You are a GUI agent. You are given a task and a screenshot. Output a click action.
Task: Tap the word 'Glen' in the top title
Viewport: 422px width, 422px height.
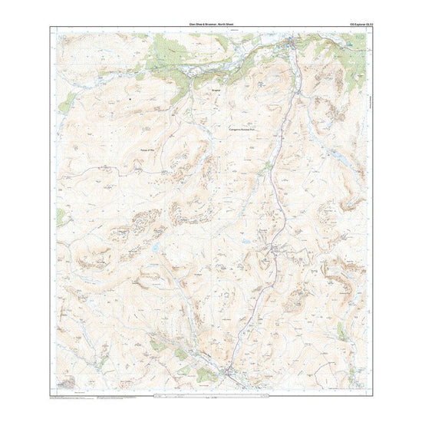click(x=181, y=25)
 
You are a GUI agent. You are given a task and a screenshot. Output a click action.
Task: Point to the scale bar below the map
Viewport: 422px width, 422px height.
click(x=211, y=395)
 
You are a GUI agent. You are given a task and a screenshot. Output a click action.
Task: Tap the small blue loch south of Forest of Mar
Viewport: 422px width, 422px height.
click(x=156, y=249)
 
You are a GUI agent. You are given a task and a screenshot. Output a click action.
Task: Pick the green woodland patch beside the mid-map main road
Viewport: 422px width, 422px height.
click(x=269, y=165)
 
